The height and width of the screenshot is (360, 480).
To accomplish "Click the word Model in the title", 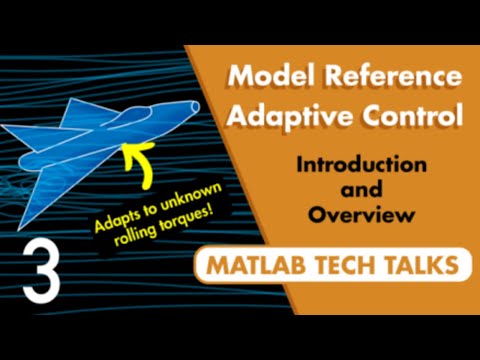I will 268,77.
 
